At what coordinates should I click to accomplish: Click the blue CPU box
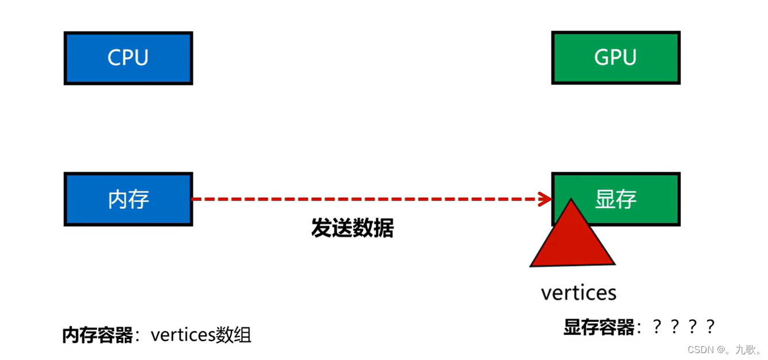pos(128,58)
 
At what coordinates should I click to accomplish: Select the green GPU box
pos(615,58)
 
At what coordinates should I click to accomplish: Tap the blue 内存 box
pos(128,199)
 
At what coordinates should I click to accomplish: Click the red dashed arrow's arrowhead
pos(545,199)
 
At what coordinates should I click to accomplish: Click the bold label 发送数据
pos(352,229)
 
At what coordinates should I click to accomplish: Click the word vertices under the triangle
pos(578,293)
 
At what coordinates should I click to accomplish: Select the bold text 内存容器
pos(98,335)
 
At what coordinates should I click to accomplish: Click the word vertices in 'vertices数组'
pos(183,335)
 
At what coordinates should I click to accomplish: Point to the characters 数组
pos(234,335)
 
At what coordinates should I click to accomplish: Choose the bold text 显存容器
pos(599,327)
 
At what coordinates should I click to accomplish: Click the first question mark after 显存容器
pos(658,327)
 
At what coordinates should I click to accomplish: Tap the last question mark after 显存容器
pos(711,327)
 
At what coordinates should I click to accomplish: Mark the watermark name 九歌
pos(746,349)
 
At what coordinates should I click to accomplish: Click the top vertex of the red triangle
pos(571,200)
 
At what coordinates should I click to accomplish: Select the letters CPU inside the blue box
pos(128,58)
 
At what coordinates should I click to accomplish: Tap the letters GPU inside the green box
pos(615,58)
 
